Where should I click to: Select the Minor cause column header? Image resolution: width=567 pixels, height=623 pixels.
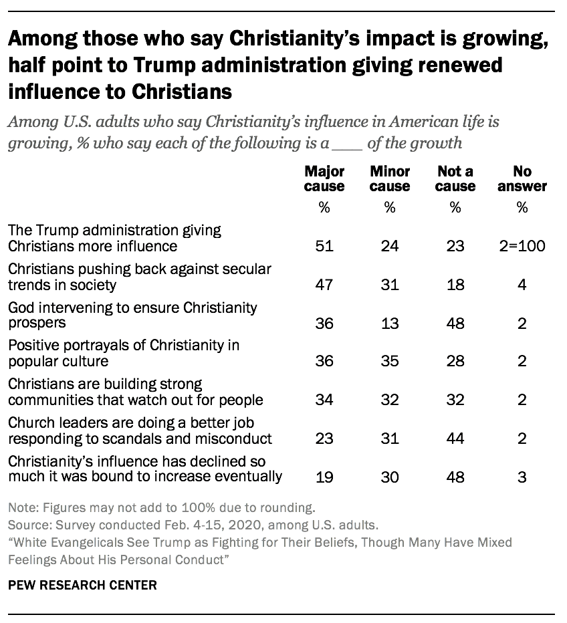pyautogui.click(x=389, y=178)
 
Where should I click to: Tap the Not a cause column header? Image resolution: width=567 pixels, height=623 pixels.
pyautogui.click(x=455, y=178)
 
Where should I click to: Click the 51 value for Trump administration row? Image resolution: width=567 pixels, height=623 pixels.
pyautogui.click(x=324, y=246)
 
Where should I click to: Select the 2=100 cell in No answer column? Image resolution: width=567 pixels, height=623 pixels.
pyautogui.click(x=522, y=246)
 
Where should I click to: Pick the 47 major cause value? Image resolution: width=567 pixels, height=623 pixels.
pyautogui.click(x=324, y=285)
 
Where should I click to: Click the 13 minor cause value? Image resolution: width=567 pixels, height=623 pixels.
pyautogui.click(x=389, y=324)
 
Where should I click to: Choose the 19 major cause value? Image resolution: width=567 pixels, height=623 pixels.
pyautogui.click(x=324, y=477)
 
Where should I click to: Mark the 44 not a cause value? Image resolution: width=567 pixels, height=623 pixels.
pyautogui.click(x=455, y=439)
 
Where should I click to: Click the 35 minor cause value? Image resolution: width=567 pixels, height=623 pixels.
pyautogui.click(x=389, y=362)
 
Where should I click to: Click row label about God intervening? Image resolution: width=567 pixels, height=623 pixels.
pyautogui.click(x=132, y=316)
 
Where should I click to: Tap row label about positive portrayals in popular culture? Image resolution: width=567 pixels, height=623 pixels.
pyautogui.click(x=124, y=354)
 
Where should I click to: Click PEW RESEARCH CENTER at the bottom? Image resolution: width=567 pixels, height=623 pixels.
pyautogui.click(x=82, y=585)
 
